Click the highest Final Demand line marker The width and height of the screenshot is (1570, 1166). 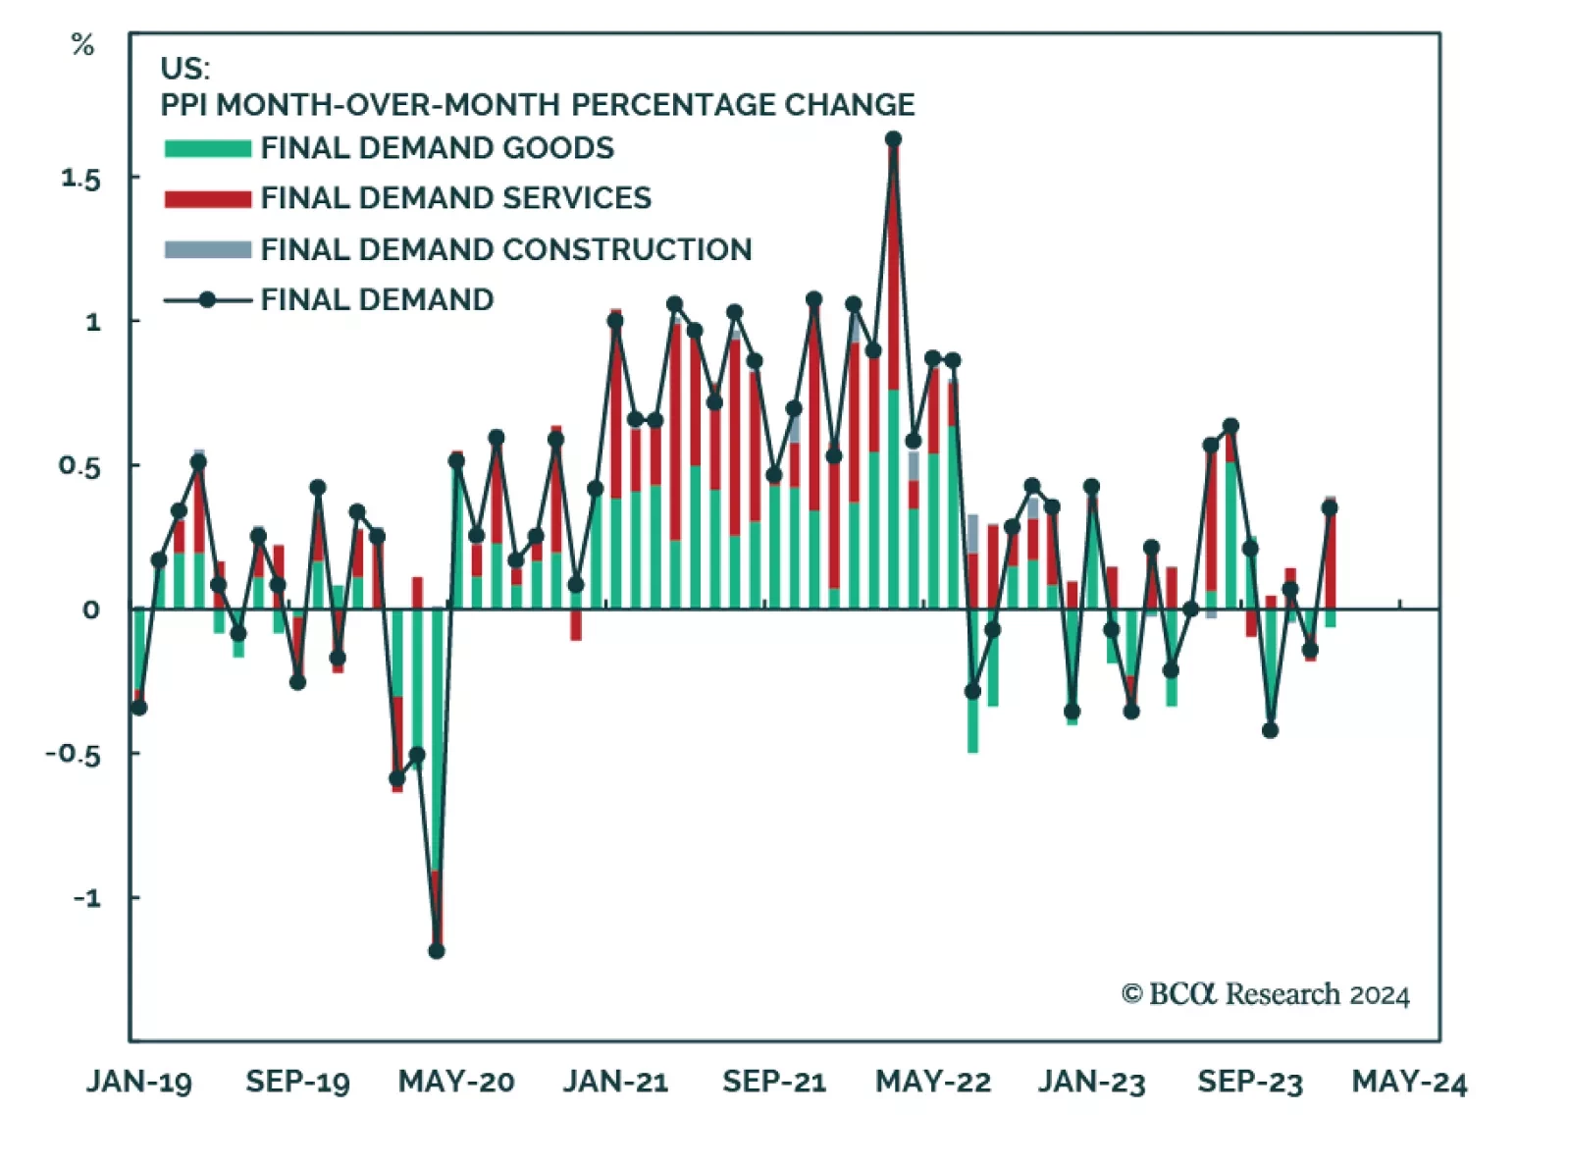(893, 139)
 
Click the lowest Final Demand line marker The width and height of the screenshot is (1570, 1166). (437, 950)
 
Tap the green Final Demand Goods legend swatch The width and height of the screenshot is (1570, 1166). (207, 148)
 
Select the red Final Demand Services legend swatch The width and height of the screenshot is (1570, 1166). (207, 198)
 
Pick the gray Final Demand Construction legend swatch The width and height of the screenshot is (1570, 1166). (207, 249)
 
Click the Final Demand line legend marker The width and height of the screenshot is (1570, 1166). (207, 299)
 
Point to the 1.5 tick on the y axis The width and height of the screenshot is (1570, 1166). (80, 179)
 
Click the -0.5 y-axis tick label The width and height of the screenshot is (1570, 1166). (73, 754)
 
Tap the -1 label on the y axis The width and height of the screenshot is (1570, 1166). (86, 897)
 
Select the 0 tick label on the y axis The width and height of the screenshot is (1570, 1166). (90, 609)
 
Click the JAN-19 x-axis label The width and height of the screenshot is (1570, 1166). (138, 1082)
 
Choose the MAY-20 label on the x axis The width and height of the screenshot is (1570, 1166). (456, 1082)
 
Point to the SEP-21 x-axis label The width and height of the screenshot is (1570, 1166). (774, 1082)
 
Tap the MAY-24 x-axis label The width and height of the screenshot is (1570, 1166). (1409, 1082)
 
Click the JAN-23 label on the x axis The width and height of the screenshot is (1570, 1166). (1092, 1082)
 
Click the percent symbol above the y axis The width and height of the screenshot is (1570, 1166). (83, 45)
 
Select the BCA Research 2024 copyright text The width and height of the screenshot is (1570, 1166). (1265, 994)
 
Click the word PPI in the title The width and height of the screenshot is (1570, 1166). (183, 105)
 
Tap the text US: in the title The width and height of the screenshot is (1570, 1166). (184, 68)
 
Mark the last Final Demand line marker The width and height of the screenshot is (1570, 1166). (1330, 507)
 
